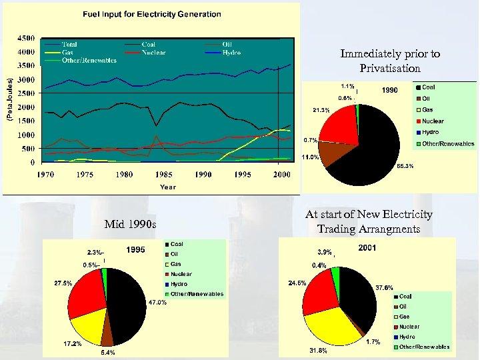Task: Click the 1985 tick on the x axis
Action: (163, 175)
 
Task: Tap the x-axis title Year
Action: (167, 187)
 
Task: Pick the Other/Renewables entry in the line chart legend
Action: (89, 60)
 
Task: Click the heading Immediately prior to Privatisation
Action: (390, 61)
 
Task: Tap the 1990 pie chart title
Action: (390, 90)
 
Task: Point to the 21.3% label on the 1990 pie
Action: (321, 110)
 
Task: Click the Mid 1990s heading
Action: (131, 224)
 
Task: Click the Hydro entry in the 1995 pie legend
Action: (179, 284)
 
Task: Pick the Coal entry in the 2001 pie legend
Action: (405, 297)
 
